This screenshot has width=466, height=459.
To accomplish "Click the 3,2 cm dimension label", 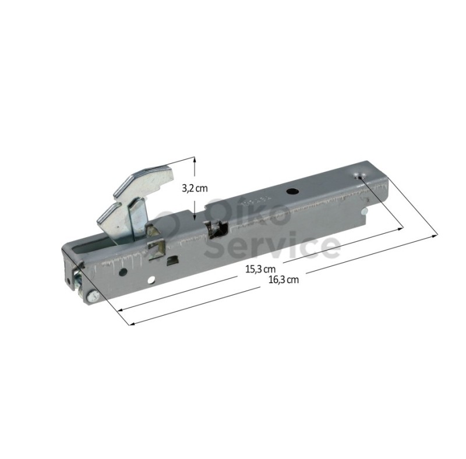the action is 195,189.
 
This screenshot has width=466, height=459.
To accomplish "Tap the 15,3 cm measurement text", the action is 260,269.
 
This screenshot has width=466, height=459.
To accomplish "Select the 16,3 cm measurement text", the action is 284,280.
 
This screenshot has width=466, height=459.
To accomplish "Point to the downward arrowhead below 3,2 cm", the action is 194,217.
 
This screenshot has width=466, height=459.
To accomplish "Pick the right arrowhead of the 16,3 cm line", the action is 435,236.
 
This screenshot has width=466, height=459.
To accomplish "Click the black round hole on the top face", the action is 290,192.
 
